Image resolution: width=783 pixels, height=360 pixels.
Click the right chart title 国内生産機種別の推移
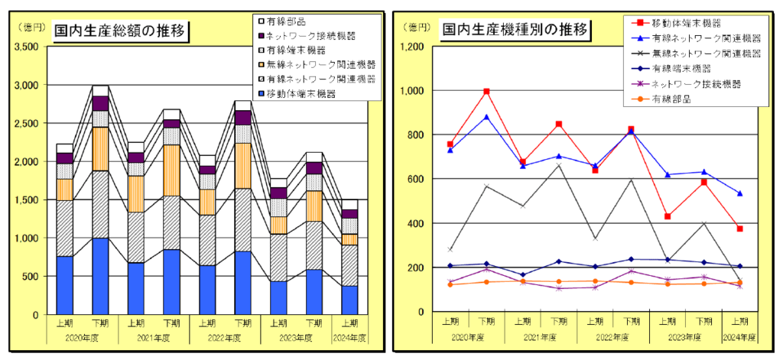click(515, 31)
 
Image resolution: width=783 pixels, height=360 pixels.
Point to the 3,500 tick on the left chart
click(26, 47)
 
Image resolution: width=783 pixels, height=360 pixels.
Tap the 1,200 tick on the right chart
click(414, 47)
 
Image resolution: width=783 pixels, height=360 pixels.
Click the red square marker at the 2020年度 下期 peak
click(486, 92)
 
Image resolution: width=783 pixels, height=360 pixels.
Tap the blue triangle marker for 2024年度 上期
click(740, 193)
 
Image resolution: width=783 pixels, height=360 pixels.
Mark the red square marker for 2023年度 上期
click(668, 216)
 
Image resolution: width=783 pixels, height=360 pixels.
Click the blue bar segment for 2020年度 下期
click(100, 276)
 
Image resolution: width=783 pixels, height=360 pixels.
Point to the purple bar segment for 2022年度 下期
click(242, 117)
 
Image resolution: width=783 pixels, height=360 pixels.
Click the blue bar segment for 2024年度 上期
click(349, 300)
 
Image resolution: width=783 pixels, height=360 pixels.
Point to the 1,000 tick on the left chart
click(26, 238)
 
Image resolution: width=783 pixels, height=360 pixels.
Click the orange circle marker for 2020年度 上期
click(450, 284)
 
